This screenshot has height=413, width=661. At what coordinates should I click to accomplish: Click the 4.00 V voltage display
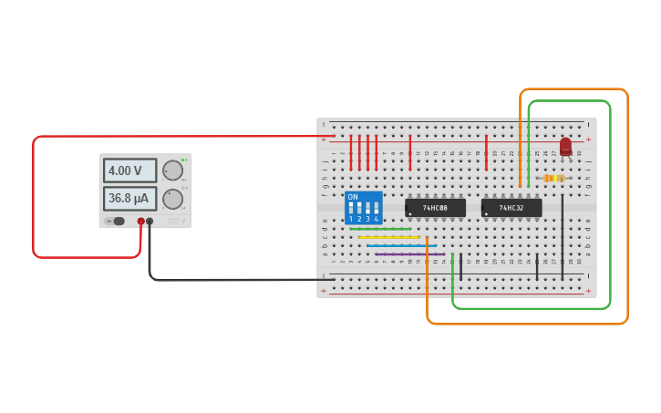point(125,170)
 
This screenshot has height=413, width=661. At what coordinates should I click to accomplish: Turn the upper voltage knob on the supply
point(172,170)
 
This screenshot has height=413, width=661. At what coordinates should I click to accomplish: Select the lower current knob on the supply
point(172,199)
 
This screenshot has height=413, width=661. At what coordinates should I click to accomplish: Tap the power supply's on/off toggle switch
point(117,222)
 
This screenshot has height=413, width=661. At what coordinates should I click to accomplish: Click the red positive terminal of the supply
point(141,222)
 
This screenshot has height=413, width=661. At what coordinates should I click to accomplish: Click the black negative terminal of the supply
point(150,222)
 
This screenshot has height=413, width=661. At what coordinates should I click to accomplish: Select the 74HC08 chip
point(435,208)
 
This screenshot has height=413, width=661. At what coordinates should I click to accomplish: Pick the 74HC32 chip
point(511,208)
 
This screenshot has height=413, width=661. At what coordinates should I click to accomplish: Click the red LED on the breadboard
point(565,146)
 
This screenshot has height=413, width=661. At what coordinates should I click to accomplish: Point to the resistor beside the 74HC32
point(553,179)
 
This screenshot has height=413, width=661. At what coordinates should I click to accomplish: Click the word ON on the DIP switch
point(353,197)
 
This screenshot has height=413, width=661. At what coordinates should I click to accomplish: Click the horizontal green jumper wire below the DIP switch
point(380,229)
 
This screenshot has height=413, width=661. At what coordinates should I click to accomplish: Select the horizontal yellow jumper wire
point(389,237)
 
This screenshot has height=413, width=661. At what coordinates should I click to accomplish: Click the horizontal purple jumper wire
point(410,254)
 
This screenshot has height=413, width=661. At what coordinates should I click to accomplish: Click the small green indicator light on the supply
point(182,160)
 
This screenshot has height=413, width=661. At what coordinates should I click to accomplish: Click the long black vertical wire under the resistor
point(563,237)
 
